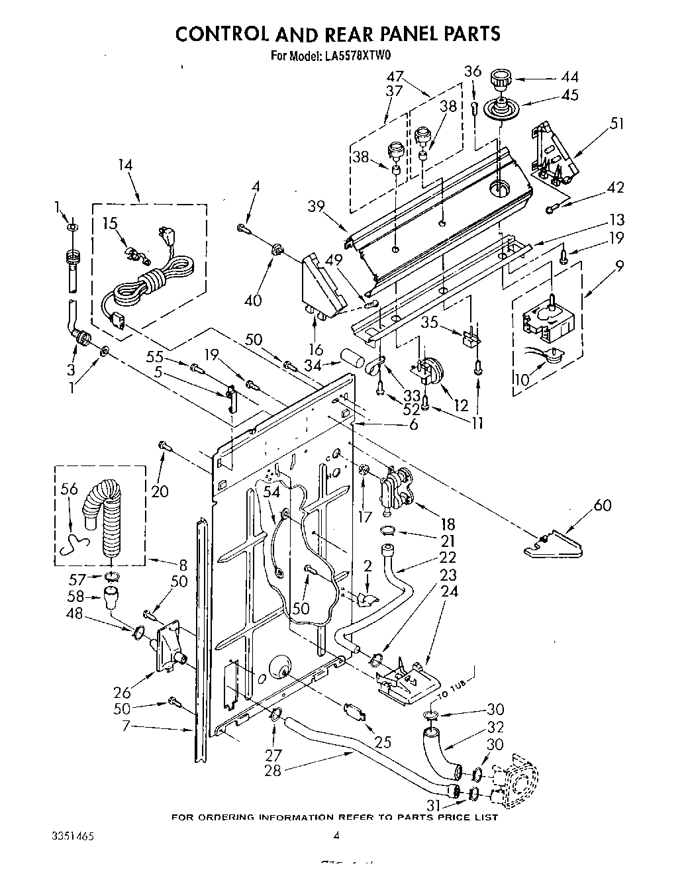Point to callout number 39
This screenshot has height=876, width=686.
(317, 206)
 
